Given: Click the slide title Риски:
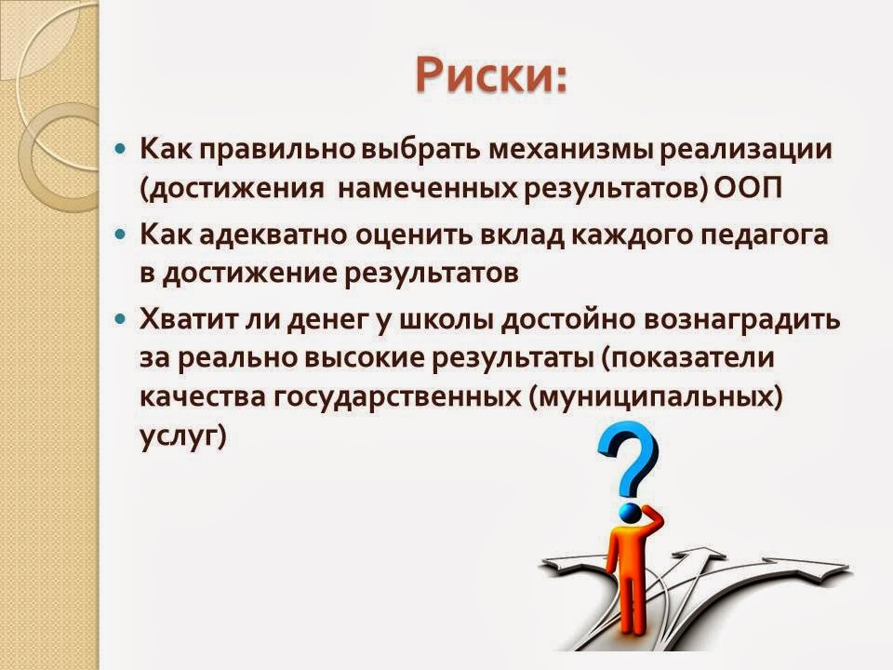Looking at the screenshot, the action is click(491, 75).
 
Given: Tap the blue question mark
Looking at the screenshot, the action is click(628, 459).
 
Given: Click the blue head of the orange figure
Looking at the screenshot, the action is click(630, 512).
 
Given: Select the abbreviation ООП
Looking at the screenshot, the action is click(748, 187).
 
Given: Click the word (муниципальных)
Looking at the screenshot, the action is click(656, 397).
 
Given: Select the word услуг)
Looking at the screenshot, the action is click(183, 437).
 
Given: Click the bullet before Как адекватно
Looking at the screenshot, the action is click(120, 234).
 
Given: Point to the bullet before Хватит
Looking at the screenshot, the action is click(120, 319).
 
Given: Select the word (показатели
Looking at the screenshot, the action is click(686, 359).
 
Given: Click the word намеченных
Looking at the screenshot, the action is click(427, 188).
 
